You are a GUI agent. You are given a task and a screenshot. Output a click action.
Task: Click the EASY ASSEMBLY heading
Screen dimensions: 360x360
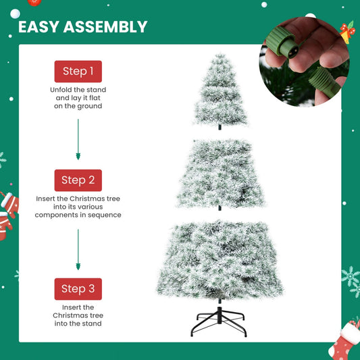(82, 27)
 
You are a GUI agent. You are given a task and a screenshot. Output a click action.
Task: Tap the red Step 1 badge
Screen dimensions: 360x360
(78, 72)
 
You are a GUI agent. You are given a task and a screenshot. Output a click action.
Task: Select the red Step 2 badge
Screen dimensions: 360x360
(78, 180)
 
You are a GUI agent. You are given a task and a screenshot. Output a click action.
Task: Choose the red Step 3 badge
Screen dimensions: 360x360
(78, 289)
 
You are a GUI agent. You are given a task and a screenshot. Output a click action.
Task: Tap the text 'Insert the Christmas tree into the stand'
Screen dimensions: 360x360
(78, 315)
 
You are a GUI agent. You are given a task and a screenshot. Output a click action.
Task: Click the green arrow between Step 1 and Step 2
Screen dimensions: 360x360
(78, 139)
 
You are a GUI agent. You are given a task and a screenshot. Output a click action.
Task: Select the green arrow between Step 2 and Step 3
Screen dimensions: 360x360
(78, 249)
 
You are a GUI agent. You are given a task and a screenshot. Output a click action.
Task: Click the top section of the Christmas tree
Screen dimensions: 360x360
(220, 91)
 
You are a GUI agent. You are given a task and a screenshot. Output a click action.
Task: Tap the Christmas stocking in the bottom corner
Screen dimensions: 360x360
(343, 341)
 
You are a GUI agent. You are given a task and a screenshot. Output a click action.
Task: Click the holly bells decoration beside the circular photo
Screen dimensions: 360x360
(348, 31)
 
